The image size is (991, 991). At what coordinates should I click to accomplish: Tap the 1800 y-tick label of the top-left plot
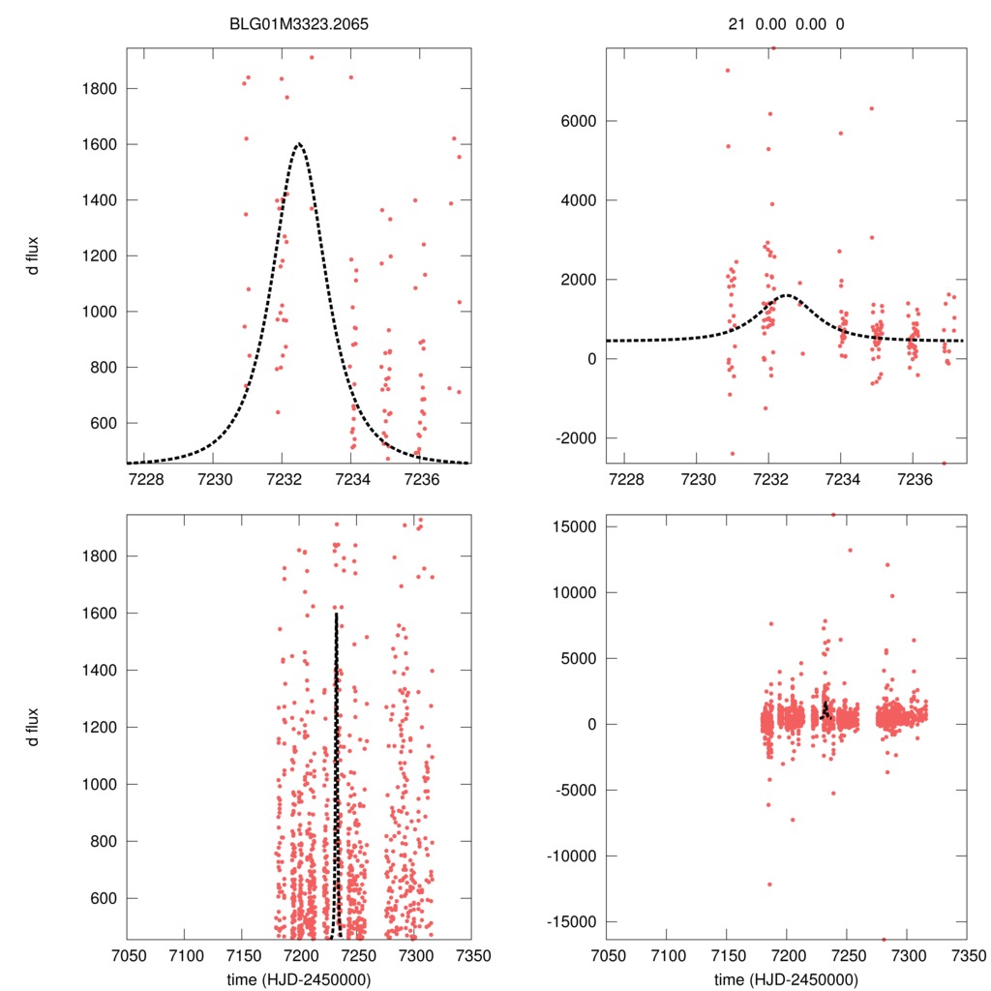99,89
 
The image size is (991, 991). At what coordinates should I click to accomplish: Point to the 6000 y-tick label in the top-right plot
577,121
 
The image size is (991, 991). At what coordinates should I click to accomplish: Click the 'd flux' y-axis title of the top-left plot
34,256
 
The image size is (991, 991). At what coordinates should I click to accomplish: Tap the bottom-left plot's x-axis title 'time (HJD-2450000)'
298,979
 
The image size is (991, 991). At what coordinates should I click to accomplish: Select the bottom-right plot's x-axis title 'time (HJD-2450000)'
786,979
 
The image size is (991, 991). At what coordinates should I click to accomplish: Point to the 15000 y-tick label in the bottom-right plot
573,526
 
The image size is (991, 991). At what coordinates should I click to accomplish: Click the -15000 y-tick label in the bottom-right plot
570,921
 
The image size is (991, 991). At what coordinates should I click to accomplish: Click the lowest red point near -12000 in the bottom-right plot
770,884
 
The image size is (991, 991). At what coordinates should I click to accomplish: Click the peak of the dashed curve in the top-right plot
786,295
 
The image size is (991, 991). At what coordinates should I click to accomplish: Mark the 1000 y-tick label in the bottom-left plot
99,784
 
